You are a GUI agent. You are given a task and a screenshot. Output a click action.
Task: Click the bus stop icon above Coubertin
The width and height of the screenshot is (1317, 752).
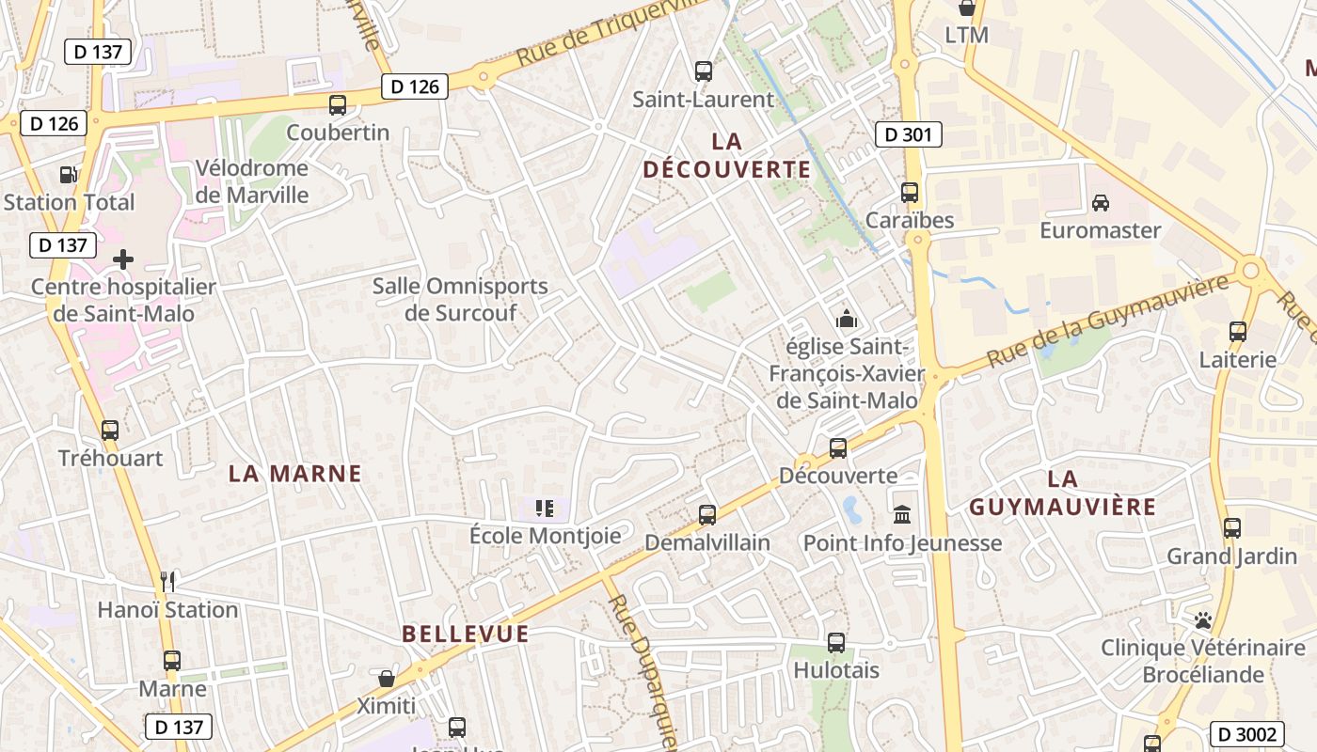tap(338, 105)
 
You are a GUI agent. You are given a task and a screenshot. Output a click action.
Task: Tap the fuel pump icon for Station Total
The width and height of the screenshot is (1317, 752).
tap(68, 175)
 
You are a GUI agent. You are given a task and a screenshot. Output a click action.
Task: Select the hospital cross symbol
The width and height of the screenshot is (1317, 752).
tap(123, 259)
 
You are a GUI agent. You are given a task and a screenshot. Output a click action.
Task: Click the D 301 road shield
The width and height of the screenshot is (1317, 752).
tap(908, 134)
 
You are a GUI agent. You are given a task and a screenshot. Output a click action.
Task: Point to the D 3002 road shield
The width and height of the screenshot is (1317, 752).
tap(1247, 734)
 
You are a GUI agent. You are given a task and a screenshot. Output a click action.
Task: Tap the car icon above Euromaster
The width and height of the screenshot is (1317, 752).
tap(1100, 202)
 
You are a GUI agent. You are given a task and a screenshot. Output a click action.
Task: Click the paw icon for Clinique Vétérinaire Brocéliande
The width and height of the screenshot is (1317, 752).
tap(1202, 620)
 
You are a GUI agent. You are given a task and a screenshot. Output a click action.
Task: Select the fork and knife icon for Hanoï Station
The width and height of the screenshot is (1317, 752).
tap(167, 582)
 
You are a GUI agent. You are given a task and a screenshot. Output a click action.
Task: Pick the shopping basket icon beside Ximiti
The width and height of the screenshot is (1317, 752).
tap(386, 679)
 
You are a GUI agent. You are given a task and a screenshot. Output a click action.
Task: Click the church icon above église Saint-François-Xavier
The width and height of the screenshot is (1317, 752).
tap(847, 319)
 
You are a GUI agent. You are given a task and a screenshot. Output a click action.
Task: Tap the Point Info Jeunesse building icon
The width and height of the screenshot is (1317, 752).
tap(903, 515)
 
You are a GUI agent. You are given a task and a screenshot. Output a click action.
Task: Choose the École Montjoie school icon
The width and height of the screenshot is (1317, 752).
tap(545, 509)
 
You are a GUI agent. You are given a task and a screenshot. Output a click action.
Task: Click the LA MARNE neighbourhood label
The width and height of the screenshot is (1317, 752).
tap(295, 474)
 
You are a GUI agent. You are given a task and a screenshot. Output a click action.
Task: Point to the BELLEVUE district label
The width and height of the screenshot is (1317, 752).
tap(466, 634)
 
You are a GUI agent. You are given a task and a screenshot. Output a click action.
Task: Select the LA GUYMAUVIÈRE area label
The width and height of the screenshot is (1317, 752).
tap(1062, 493)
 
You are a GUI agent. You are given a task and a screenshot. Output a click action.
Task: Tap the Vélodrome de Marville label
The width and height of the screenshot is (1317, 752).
tap(251, 181)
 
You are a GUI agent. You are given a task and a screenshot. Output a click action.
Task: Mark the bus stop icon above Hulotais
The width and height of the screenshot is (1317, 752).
tap(836, 643)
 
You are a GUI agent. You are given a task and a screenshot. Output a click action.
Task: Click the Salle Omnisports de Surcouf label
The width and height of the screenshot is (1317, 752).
tap(460, 299)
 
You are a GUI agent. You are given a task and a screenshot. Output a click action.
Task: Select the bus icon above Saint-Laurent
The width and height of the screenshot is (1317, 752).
tap(703, 71)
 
